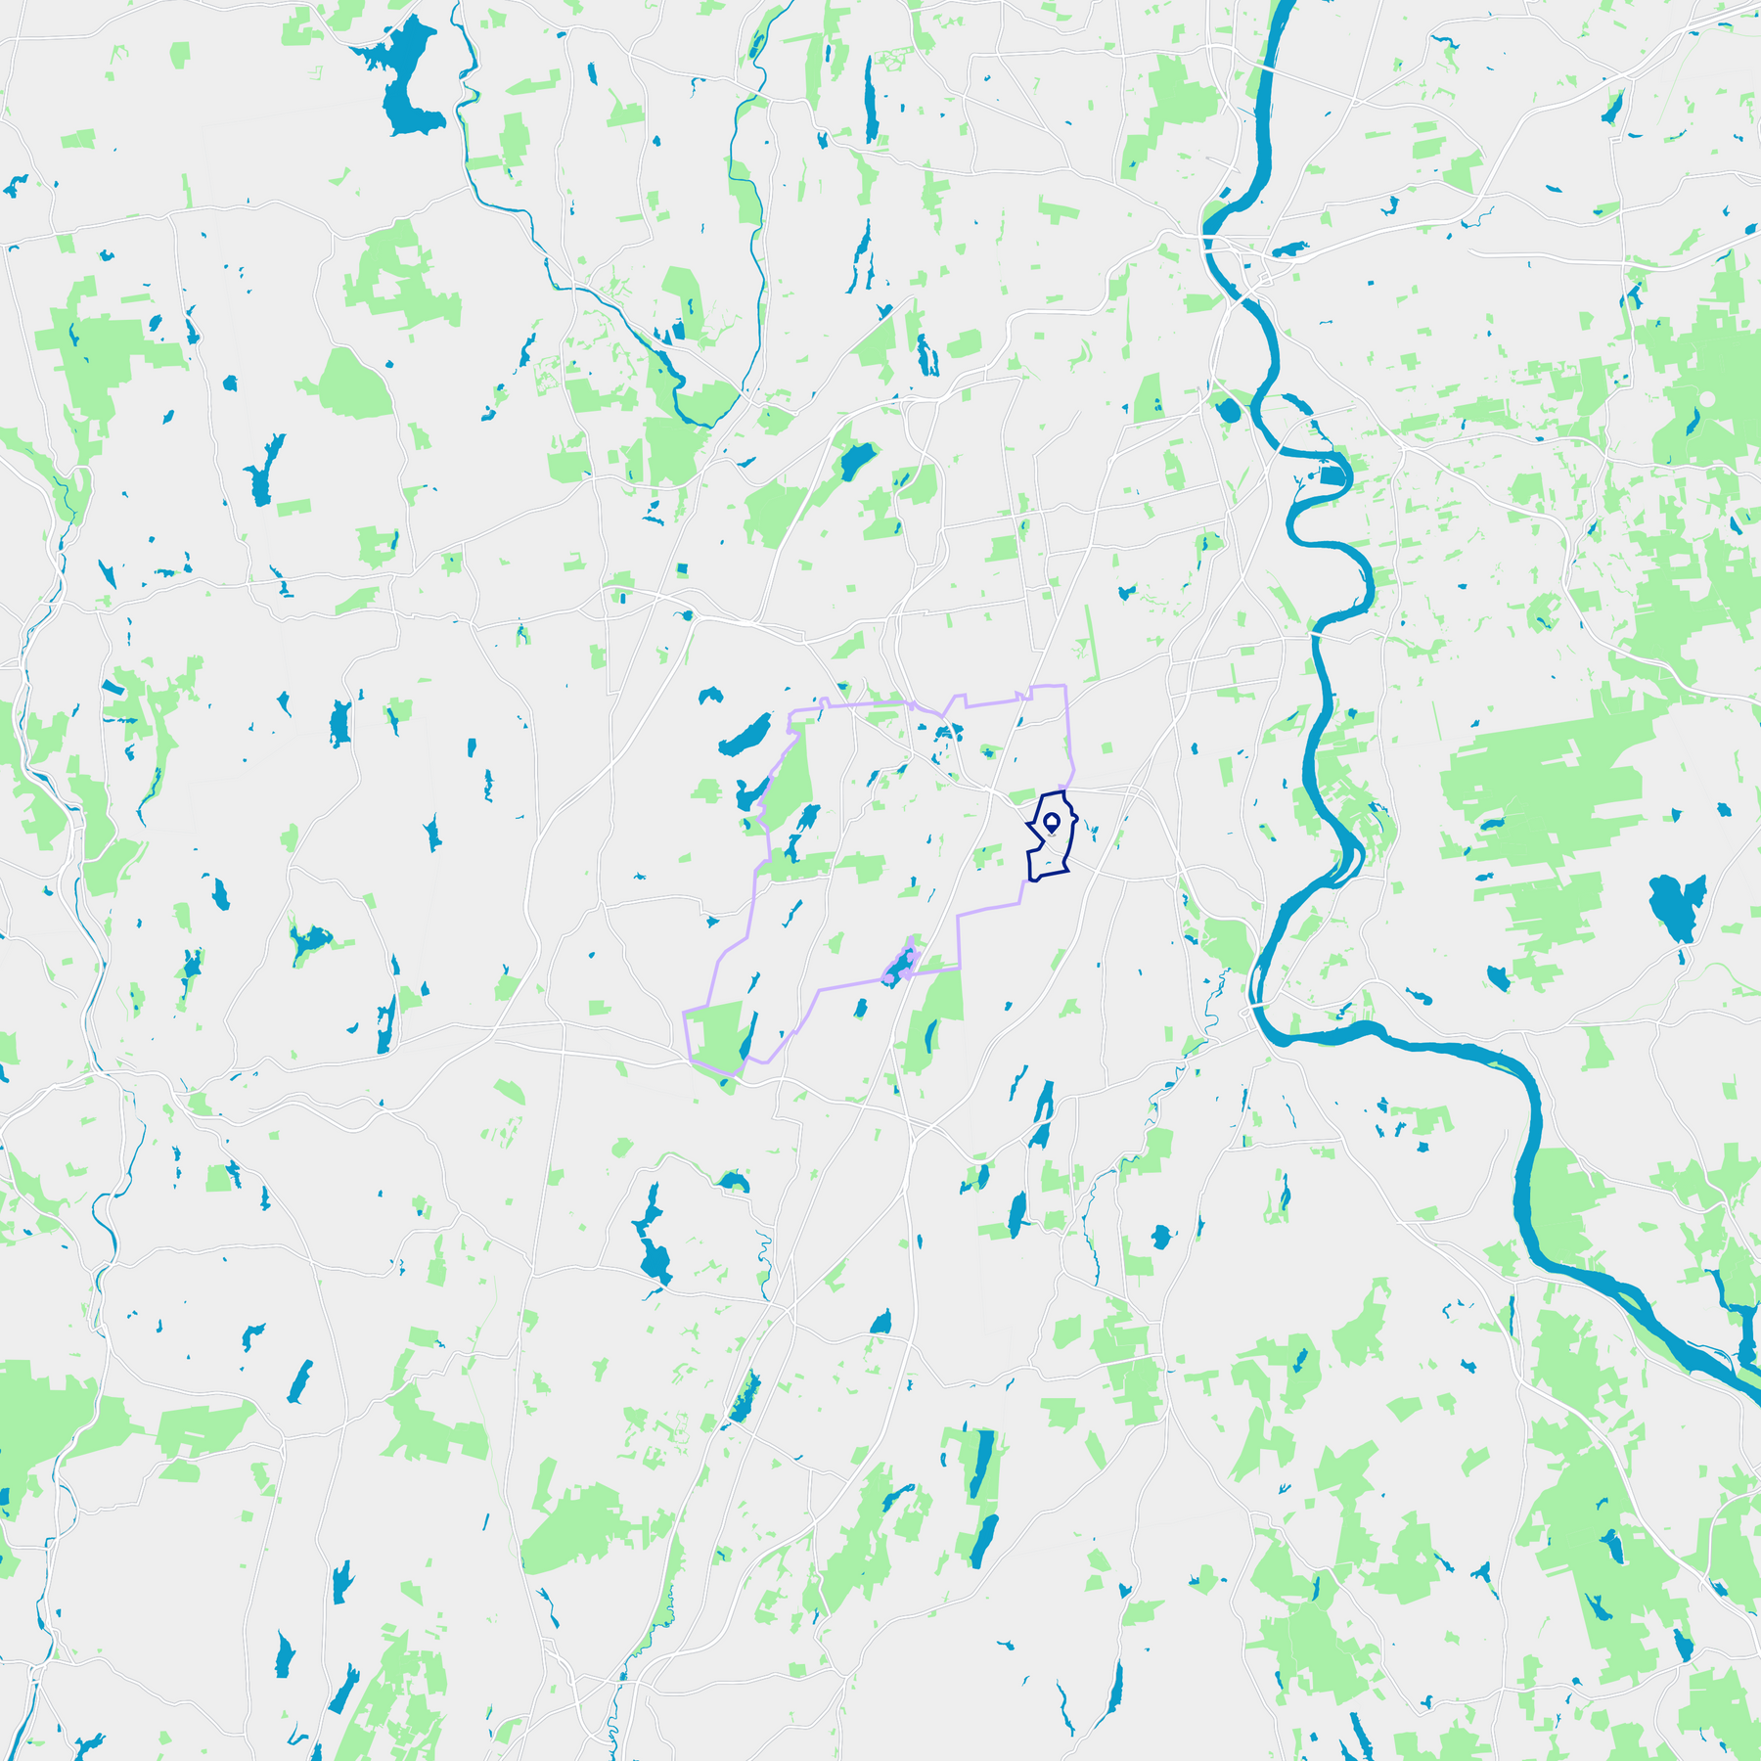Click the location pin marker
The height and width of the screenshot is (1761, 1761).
(x=1052, y=822)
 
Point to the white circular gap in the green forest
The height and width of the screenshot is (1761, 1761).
(x=1707, y=399)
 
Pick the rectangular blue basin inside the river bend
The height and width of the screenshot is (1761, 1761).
(x=1332, y=476)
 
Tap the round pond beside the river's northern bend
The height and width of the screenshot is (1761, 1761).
(x=1227, y=409)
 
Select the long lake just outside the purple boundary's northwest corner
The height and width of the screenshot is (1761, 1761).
(x=745, y=734)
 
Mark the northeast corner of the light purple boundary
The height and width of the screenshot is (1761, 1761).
(x=1063, y=687)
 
